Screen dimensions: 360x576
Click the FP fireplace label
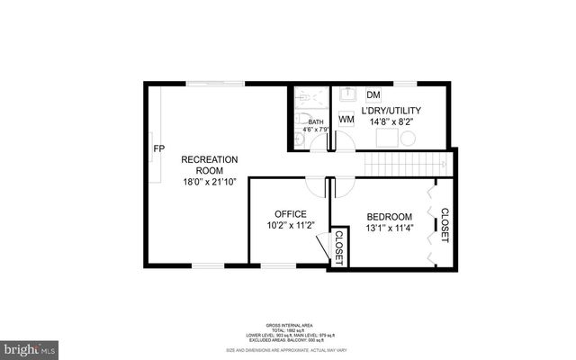pyautogui.click(x=158, y=148)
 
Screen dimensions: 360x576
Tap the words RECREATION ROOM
pyautogui.click(x=209, y=166)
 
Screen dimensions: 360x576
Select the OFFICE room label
pyautogui.click(x=278, y=214)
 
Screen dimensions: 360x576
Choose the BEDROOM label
pyautogui.click(x=390, y=217)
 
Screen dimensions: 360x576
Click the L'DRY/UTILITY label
pyautogui.click(x=391, y=111)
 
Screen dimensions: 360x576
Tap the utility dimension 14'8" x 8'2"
pyautogui.click(x=391, y=124)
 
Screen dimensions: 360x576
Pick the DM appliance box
pyautogui.click(x=373, y=94)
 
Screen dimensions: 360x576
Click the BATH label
pyautogui.click(x=315, y=122)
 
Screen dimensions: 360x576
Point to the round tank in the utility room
pyautogui.click(x=408, y=138)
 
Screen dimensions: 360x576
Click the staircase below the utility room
pyautogui.click(x=405, y=165)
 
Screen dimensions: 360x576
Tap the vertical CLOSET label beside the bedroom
pyautogui.click(x=444, y=225)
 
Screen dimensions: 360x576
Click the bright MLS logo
pyautogui.click(x=30, y=347)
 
